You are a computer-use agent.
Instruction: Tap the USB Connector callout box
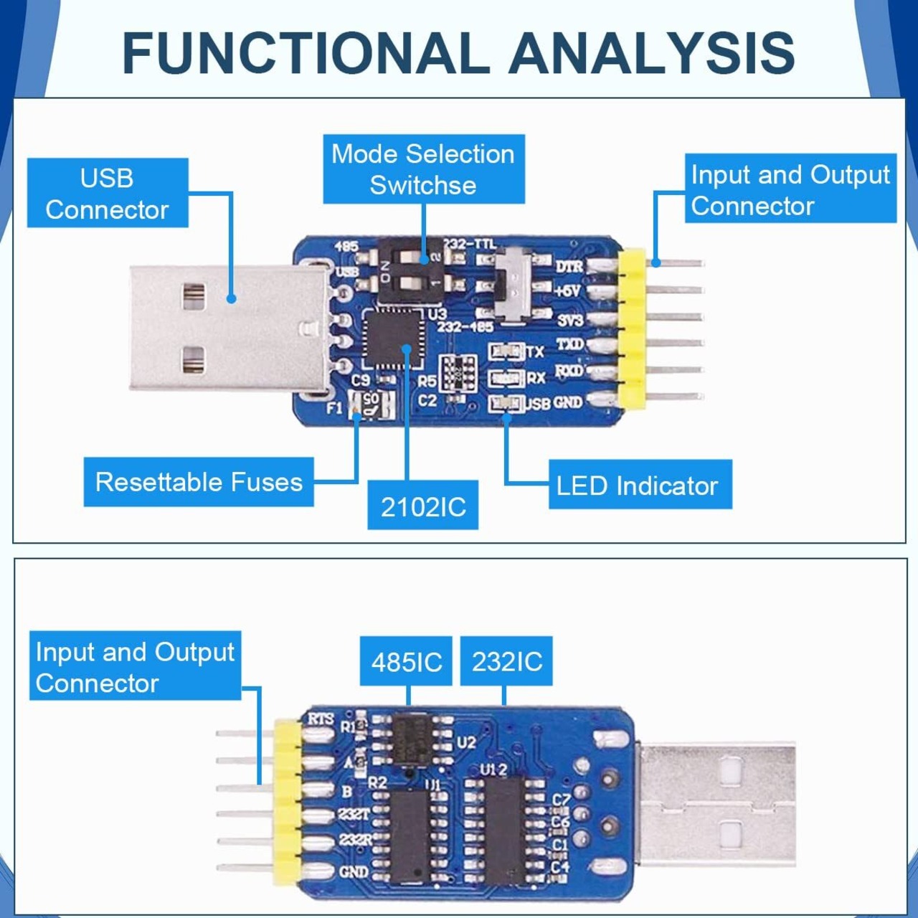coord(108,194)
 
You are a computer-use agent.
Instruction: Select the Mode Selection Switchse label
coord(423,169)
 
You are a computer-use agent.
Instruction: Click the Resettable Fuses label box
coord(199,482)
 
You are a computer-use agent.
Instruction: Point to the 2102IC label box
coord(423,506)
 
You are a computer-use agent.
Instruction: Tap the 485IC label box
coord(407,661)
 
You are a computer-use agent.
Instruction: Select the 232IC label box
coord(506,661)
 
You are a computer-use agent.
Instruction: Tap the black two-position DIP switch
coord(402,268)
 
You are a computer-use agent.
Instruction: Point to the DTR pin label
coord(569,266)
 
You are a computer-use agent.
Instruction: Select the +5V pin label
coord(568,290)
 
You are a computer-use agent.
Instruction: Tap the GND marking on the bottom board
coord(353,872)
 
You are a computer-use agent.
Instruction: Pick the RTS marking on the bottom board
coord(321,718)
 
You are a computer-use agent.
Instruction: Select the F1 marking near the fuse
coord(335,408)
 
